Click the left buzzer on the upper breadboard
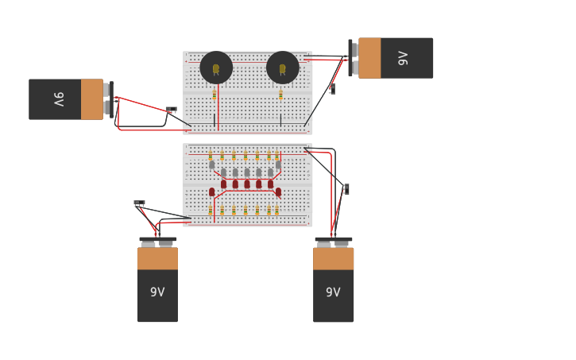coord(216,68)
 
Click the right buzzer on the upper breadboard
coord(282,68)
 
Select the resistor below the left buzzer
coord(214,95)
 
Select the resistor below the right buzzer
coord(280,95)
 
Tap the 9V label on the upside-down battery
coord(403,58)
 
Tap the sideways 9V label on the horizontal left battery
coord(59,99)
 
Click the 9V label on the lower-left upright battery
coord(157,292)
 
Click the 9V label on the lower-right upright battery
coord(333,292)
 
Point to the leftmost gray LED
coord(211,165)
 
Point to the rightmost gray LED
coord(278,165)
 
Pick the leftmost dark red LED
coord(211,192)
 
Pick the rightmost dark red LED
coord(278,192)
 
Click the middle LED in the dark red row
coord(246,184)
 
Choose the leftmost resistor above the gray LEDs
coord(211,155)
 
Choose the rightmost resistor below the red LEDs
coord(276,211)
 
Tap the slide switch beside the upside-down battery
coord(332,89)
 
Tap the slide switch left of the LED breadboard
coord(139,203)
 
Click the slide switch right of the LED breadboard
coord(346,189)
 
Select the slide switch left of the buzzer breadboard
coord(171,110)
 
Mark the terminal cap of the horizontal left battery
coord(108,99)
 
